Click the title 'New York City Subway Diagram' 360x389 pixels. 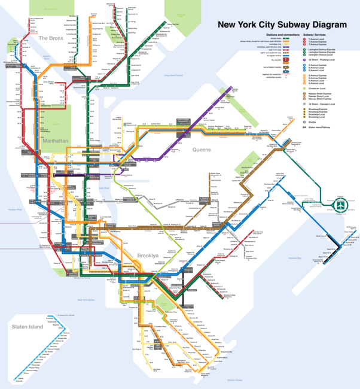pyautogui.click(x=282, y=25)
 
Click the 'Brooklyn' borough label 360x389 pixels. pyautogui.click(x=148, y=256)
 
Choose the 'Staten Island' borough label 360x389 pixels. pyautogui.click(x=26, y=327)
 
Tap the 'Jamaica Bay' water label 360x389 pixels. pyautogui.click(x=293, y=258)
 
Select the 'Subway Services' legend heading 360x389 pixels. pyautogui.click(x=319, y=35)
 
